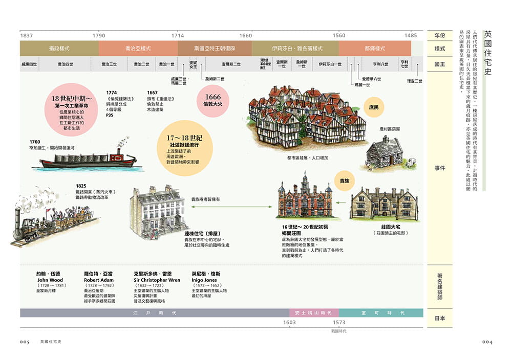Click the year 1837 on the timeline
click(27, 36)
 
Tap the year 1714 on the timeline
click(178, 36)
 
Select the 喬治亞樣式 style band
click(138, 49)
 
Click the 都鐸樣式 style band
click(374, 49)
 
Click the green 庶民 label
click(374, 107)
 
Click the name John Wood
click(50, 280)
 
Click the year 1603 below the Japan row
click(290, 323)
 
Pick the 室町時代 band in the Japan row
click(381, 312)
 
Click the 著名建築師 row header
click(439, 287)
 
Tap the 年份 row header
click(439, 35)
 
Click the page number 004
click(485, 342)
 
